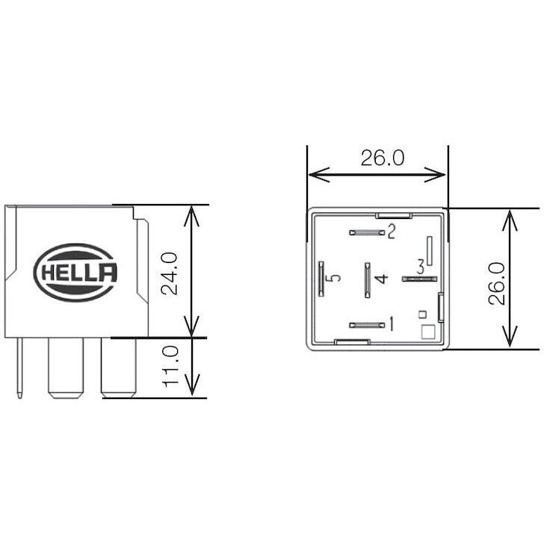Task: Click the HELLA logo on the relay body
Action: pos(76,273)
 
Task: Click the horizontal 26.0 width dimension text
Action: pos(382,158)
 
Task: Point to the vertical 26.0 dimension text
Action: pos(497,282)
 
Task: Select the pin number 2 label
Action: pos(390,232)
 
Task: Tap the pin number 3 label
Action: pos(421,266)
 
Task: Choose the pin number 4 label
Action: pos(382,279)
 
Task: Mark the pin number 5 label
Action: pos(336,278)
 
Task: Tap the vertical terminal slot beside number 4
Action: pos(367,279)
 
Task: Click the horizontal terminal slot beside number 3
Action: pos(419,279)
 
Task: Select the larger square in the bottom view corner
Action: pos(427,333)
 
